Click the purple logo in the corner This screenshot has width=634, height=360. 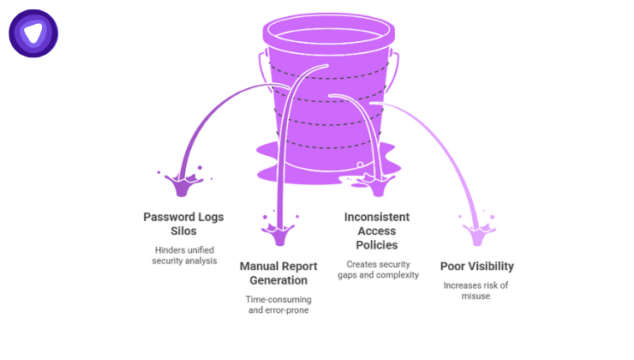pos(33,33)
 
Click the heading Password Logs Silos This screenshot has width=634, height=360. pos(183,225)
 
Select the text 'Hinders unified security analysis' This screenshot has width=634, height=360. pos(183,255)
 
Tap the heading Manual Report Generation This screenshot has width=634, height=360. pos(279,273)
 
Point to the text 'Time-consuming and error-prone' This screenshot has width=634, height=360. pos(279,304)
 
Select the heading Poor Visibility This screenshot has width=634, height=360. pos(476,266)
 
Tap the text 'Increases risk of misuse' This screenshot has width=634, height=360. pos(476,291)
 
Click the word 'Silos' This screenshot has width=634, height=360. pos(183,232)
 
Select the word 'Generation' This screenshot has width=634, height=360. pos(279,281)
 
